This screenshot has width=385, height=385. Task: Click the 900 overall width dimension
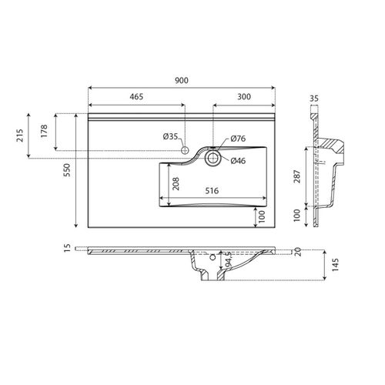182,79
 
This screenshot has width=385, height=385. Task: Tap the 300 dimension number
243,98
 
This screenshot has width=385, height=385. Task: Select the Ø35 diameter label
170,136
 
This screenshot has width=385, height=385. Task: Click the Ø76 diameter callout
238,139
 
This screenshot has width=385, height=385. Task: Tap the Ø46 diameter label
238,160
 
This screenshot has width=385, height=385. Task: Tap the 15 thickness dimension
67,248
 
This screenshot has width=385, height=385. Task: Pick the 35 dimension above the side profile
313,99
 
